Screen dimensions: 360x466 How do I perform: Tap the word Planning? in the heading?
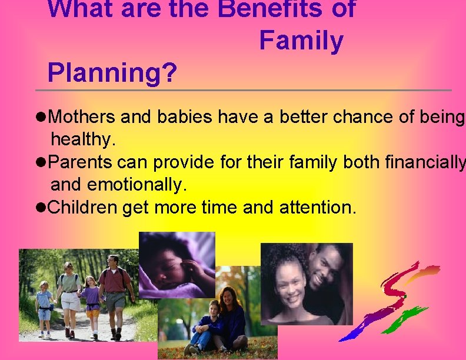point(112,73)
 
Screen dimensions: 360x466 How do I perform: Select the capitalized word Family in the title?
point(301,41)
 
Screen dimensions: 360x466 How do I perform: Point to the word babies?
point(185,118)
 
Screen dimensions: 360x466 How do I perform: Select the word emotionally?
point(136,185)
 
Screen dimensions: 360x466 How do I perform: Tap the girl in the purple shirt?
point(91,303)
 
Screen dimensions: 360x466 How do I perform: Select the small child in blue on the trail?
point(45,309)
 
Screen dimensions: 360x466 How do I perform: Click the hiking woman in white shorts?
point(70,294)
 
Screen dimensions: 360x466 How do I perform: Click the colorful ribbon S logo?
point(391,300)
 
